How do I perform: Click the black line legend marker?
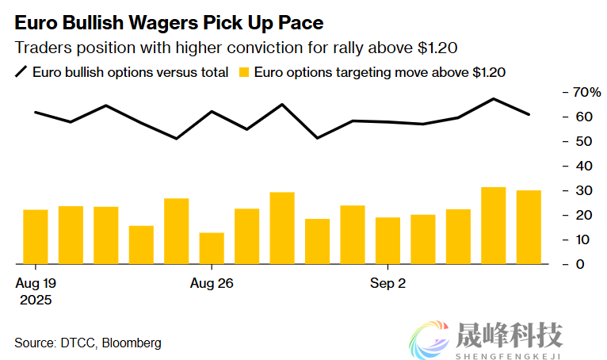pos(21,72)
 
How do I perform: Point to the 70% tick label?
pos(588,92)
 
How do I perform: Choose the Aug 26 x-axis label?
pos(212,283)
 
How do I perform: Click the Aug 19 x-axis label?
pos(36,283)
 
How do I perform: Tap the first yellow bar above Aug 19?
pos(36,236)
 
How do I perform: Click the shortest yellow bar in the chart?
pos(212,247)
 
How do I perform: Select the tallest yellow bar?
pos(494,225)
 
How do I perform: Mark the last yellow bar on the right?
pos(529,227)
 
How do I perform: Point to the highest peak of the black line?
pos(494,99)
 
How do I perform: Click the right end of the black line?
pos(529,114)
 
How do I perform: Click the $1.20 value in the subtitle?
pos(437,48)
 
